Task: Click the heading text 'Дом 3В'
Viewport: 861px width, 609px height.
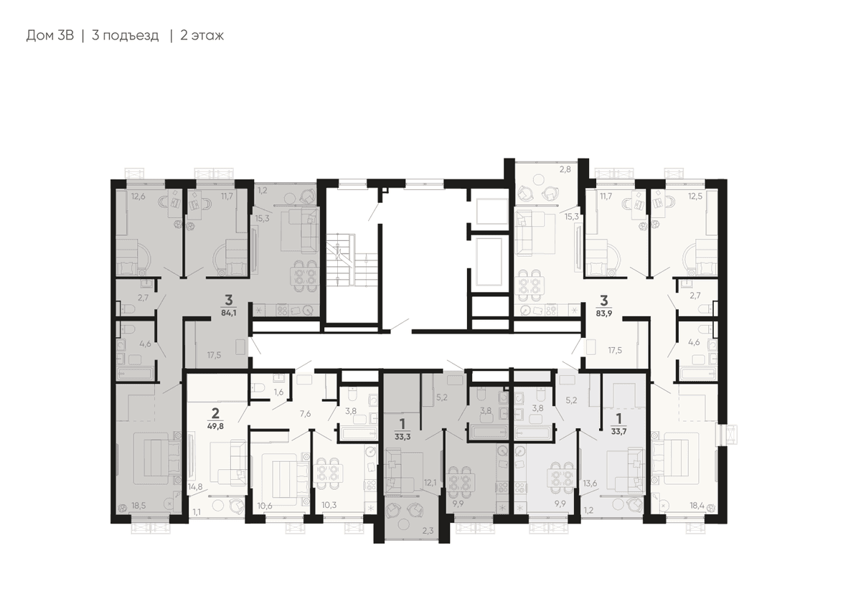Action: (x=50, y=36)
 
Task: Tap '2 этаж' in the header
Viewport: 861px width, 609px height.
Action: (x=202, y=36)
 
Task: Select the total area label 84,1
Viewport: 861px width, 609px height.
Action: (x=229, y=313)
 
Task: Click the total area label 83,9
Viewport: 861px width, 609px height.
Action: (x=604, y=313)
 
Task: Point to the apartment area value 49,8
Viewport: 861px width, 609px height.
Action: (x=215, y=426)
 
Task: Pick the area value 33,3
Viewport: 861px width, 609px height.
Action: (x=403, y=437)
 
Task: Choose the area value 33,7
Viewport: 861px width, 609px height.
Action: (x=618, y=432)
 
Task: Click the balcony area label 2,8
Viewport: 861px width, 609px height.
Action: (x=565, y=169)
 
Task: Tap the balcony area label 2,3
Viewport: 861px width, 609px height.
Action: (x=428, y=531)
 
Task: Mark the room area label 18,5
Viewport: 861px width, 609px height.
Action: (x=138, y=506)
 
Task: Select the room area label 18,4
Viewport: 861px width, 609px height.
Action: (x=697, y=506)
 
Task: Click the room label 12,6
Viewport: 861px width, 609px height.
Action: (x=138, y=197)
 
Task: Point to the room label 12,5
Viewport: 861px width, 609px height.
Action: (x=695, y=197)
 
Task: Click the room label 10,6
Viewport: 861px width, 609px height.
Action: (x=265, y=506)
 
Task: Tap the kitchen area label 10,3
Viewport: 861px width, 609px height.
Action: (x=329, y=505)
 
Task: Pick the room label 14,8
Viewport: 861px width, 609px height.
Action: (x=195, y=487)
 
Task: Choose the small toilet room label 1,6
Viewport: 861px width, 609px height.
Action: (x=278, y=392)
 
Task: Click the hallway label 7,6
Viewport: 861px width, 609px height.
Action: (x=305, y=413)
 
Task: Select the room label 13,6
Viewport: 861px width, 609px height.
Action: (x=590, y=483)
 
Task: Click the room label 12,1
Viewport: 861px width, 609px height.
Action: (x=430, y=483)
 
